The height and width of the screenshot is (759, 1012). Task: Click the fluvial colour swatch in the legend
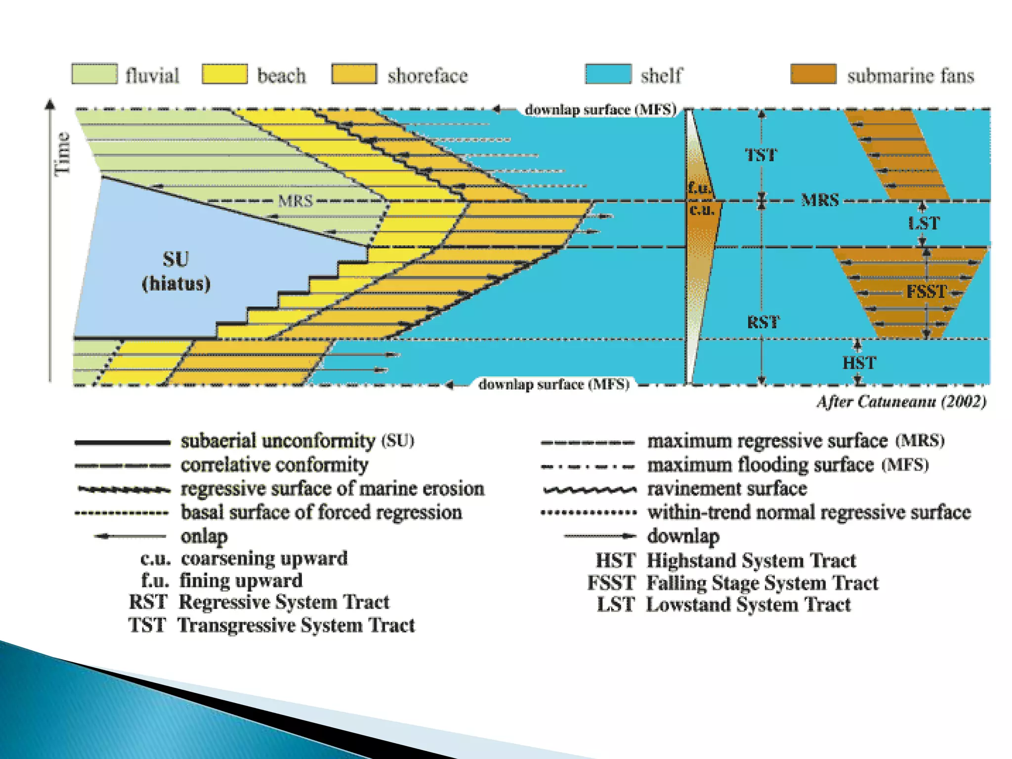click(94, 74)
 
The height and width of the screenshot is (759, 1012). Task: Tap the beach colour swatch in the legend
click(225, 74)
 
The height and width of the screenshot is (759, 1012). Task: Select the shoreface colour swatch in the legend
click(354, 74)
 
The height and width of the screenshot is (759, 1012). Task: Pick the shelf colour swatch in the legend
click(608, 74)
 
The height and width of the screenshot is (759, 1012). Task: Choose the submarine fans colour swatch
click(813, 74)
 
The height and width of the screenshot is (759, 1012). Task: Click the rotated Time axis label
click(63, 153)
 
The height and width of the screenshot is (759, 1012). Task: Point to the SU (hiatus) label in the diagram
click(176, 271)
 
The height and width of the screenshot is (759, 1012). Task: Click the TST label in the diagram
click(761, 155)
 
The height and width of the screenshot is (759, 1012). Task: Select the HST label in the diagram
click(859, 363)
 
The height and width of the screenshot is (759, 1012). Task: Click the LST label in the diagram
click(924, 223)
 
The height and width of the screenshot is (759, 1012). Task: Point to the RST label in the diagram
click(763, 323)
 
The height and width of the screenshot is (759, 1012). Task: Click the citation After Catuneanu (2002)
click(901, 401)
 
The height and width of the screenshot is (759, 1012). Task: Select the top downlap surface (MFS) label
click(600, 110)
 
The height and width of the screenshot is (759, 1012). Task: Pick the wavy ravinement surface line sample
click(590, 490)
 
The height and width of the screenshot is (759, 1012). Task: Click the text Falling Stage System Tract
click(762, 583)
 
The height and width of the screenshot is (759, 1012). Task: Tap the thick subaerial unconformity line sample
click(122, 442)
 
